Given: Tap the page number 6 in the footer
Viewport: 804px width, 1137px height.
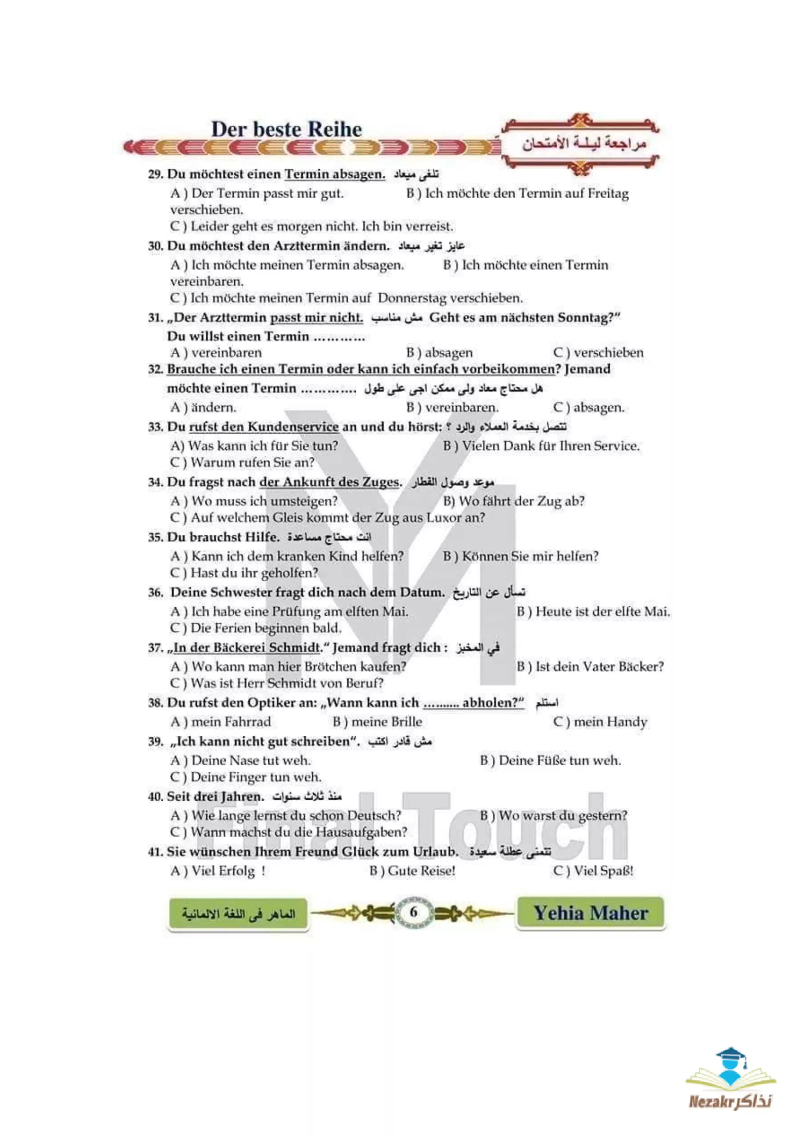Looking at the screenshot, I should point(414,912).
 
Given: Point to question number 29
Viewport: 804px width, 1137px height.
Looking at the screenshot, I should point(156,174).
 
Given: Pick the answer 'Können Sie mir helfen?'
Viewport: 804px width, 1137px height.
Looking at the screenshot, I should point(530,556).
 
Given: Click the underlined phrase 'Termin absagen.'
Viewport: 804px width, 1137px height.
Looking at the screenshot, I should point(335,174).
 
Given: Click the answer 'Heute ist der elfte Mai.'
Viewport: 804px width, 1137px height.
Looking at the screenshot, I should point(602,612).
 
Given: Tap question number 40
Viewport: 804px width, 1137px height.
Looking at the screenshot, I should point(156,796).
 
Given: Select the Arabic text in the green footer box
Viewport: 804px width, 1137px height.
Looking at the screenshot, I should point(238,913).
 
